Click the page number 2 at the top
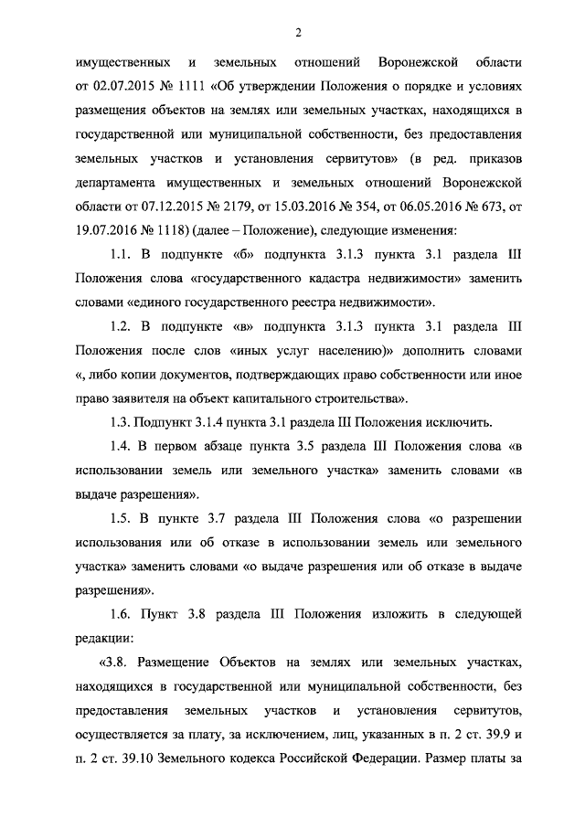[298, 34]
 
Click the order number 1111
[190, 88]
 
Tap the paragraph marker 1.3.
[120, 421]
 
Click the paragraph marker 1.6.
[120, 612]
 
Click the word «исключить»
[461, 421]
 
